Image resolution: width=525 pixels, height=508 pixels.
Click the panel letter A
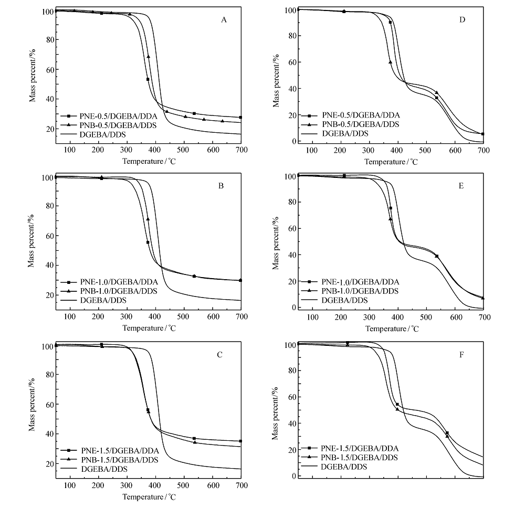tap(224, 20)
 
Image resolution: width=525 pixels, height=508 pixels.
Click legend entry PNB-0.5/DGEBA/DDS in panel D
tap(361, 124)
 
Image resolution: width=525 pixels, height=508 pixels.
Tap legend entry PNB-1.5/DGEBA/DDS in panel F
tap(360, 458)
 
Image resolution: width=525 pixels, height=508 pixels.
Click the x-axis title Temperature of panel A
tap(146, 161)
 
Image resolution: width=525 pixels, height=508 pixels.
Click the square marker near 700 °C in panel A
tap(240, 118)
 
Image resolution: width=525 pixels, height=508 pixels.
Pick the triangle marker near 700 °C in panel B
tap(240, 280)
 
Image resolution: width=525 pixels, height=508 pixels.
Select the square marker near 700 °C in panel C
tap(240, 441)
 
